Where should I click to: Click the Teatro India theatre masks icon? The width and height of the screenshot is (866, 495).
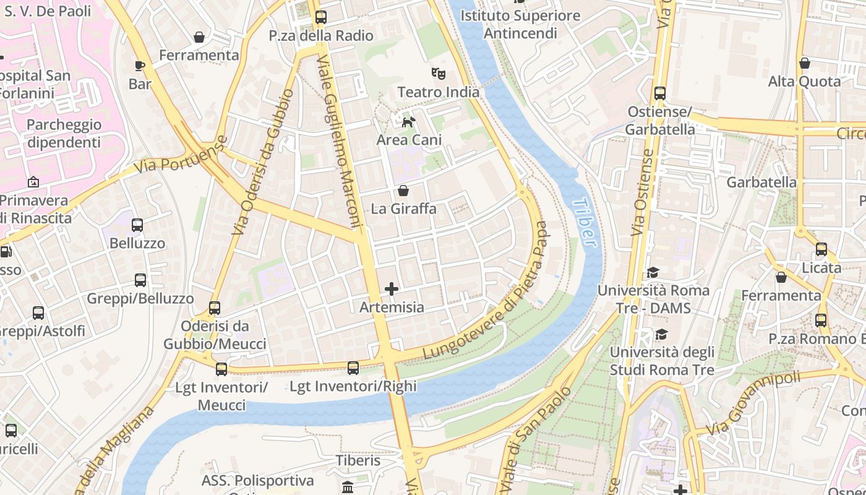click(x=439, y=74)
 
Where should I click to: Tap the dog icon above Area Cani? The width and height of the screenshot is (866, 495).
click(x=408, y=122)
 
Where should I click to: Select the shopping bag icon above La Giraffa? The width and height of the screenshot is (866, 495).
click(x=403, y=191)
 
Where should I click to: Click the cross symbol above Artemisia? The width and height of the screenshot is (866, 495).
click(x=392, y=289)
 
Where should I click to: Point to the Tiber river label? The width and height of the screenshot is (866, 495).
click(x=585, y=223)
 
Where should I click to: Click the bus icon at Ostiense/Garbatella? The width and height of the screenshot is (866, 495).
click(x=660, y=93)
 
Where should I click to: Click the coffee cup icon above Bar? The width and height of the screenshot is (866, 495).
click(x=140, y=66)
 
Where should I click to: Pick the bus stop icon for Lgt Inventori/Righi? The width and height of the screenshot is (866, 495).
click(x=353, y=368)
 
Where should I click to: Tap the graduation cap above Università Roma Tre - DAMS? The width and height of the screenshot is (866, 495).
click(x=653, y=272)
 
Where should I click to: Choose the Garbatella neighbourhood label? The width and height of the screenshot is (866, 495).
click(x=761, y=183)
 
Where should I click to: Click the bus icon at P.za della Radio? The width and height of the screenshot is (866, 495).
click(x=320, y=17)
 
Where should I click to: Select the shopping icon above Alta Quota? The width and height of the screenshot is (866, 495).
click(x=805, y=63)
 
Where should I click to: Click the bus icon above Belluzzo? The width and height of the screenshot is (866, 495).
click(x=137, y=225)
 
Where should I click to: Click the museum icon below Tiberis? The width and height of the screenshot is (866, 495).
click(x=348, y=487)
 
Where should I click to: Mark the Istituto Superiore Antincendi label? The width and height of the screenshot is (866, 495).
click(x=520, y=24)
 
